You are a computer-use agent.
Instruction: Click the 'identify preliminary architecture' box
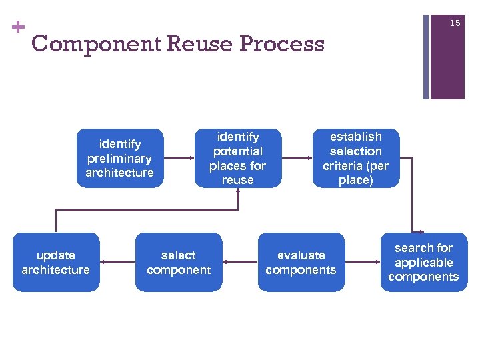119,158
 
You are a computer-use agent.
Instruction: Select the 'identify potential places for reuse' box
237,158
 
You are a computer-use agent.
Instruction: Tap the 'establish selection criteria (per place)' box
355,158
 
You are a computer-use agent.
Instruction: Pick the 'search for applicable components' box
423,262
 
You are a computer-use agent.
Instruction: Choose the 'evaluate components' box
301,262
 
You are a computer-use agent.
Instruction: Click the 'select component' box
179,262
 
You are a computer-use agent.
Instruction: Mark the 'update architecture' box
56,262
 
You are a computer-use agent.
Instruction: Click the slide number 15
455,23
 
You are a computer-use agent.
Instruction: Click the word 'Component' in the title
96,44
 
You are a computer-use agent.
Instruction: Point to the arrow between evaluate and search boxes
363,262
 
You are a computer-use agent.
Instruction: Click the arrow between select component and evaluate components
240,262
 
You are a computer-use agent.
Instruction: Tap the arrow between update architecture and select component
117,262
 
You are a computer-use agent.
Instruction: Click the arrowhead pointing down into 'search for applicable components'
413,229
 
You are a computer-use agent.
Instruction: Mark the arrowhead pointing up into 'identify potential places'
237,192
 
